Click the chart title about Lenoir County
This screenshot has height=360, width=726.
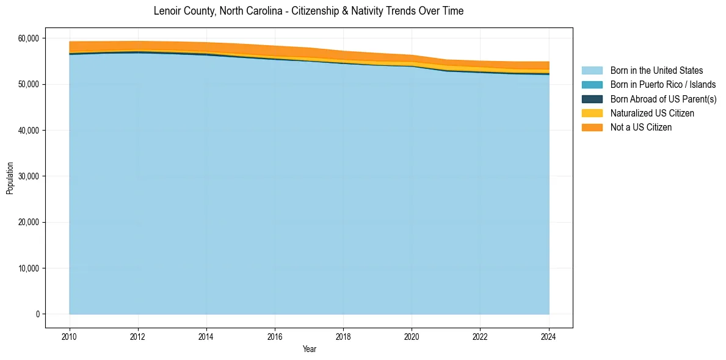(308, 11)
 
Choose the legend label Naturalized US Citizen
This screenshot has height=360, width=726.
(652, 113)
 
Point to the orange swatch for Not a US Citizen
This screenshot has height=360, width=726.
(592, 128)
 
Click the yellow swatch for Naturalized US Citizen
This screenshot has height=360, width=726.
(592, 113)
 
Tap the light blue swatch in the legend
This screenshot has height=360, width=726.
(592, 71)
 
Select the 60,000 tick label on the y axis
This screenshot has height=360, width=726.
(27, 38)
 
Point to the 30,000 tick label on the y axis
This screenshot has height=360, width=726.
(27, 176)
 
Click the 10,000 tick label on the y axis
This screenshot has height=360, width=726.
(27, 268)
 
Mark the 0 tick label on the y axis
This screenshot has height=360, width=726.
(37, 314)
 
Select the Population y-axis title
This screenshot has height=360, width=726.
(10, 178)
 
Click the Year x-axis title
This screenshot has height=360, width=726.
(309, 349)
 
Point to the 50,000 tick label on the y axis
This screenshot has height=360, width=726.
(27, 84)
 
